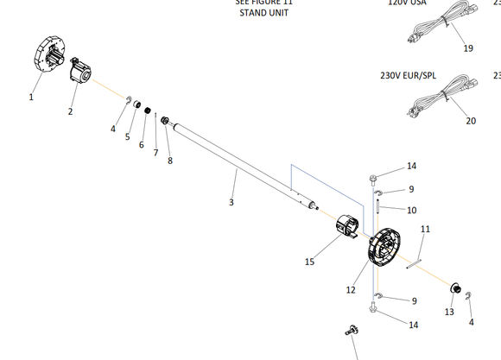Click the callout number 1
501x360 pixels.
(31, 98)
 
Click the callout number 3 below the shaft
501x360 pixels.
(231, 202)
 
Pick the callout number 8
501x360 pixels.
(169, 161)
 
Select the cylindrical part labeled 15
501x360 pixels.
(347, 229)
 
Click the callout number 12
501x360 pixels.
(351, 290)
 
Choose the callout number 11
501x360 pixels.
(425, 229)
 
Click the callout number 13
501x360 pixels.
(449, 311)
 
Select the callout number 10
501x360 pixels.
(411, 210)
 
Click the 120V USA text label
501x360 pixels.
(407, 3)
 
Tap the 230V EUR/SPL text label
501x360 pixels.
(409, 75)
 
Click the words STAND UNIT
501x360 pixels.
(264, 14)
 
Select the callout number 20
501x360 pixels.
(471, 121)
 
